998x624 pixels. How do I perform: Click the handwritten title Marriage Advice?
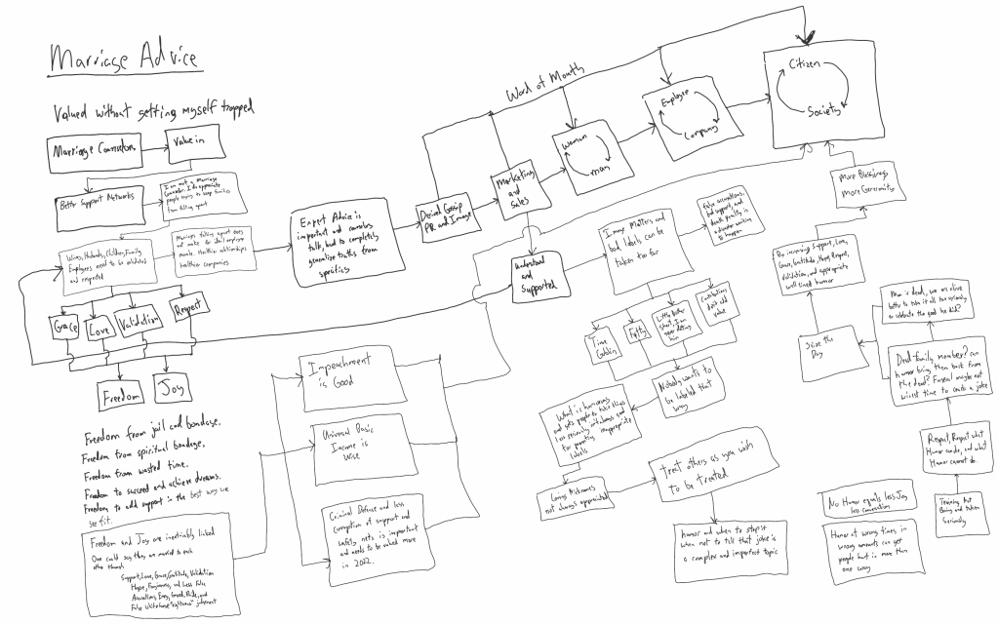pyautogui.click(x=124, y=59)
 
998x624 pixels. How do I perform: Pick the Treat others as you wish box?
pyautogui.click(x=704, y=473)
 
